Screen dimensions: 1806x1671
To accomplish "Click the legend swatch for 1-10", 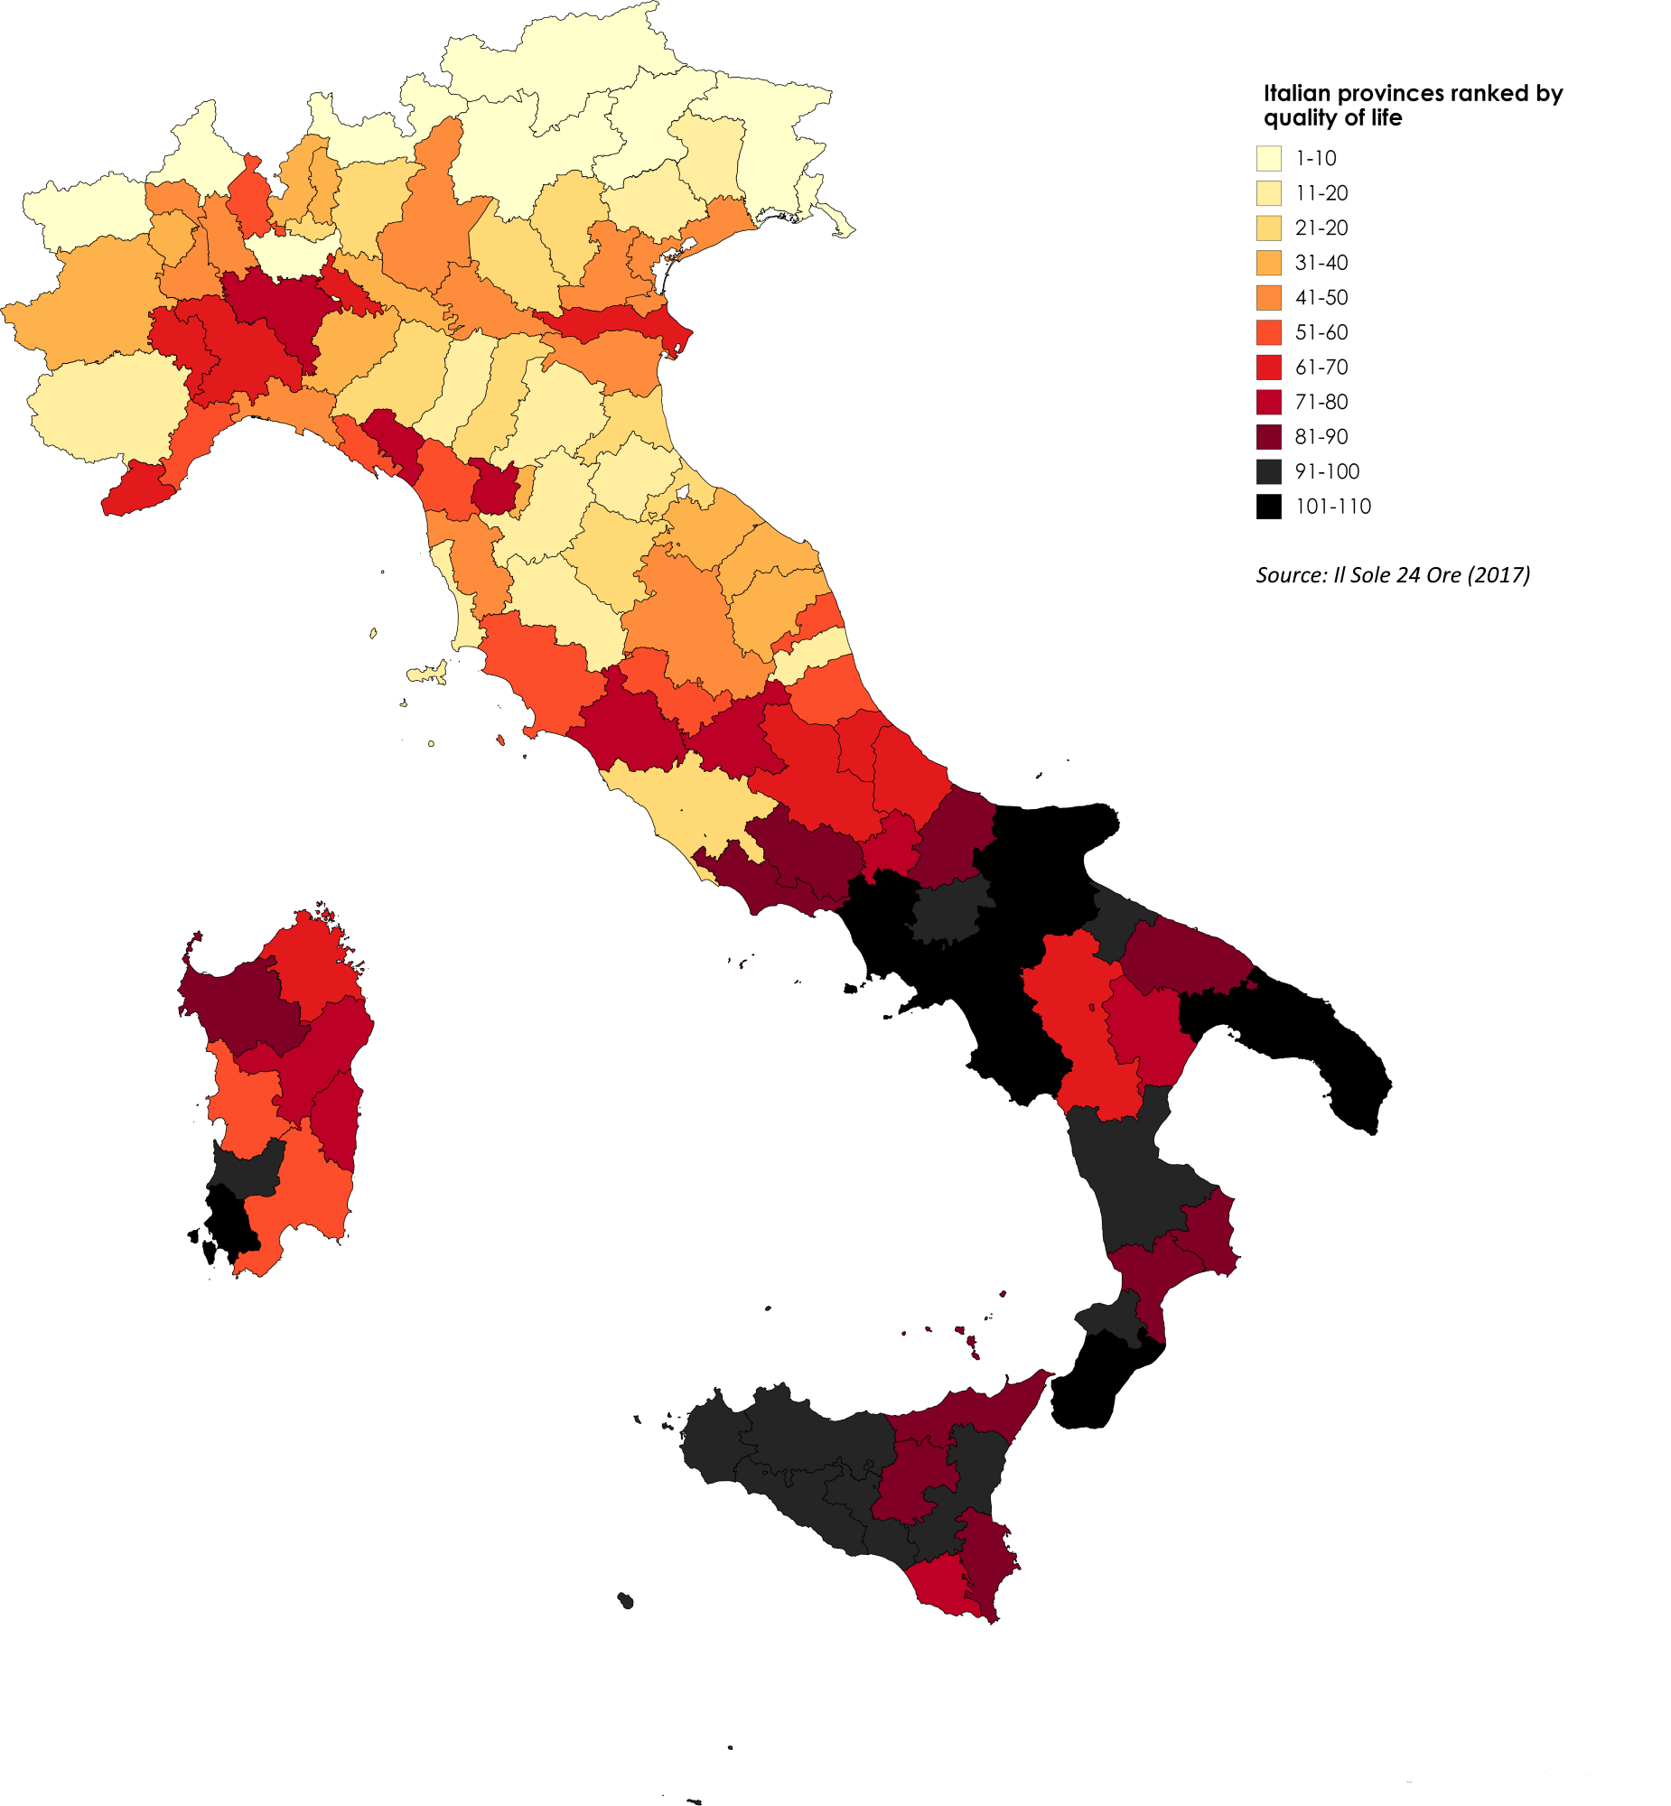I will [x=1269, y=158].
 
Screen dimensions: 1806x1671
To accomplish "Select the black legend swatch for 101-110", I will [x=1269, y=507].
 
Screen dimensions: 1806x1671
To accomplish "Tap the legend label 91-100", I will [x=1327, y=472].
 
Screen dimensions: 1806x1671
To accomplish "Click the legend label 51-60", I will [x=1321, y=332].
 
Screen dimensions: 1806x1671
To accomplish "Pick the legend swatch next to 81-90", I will [x=1269, y=436].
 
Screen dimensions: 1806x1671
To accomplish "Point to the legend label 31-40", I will [x=1321, y=263].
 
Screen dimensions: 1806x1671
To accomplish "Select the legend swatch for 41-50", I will [x=1269, y=297].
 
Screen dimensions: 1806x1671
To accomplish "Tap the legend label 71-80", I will [x=1321, y=402].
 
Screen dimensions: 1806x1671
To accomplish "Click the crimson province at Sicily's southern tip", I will [x=940, y=1587].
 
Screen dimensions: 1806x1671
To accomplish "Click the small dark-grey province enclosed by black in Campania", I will [x=949, y=908].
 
